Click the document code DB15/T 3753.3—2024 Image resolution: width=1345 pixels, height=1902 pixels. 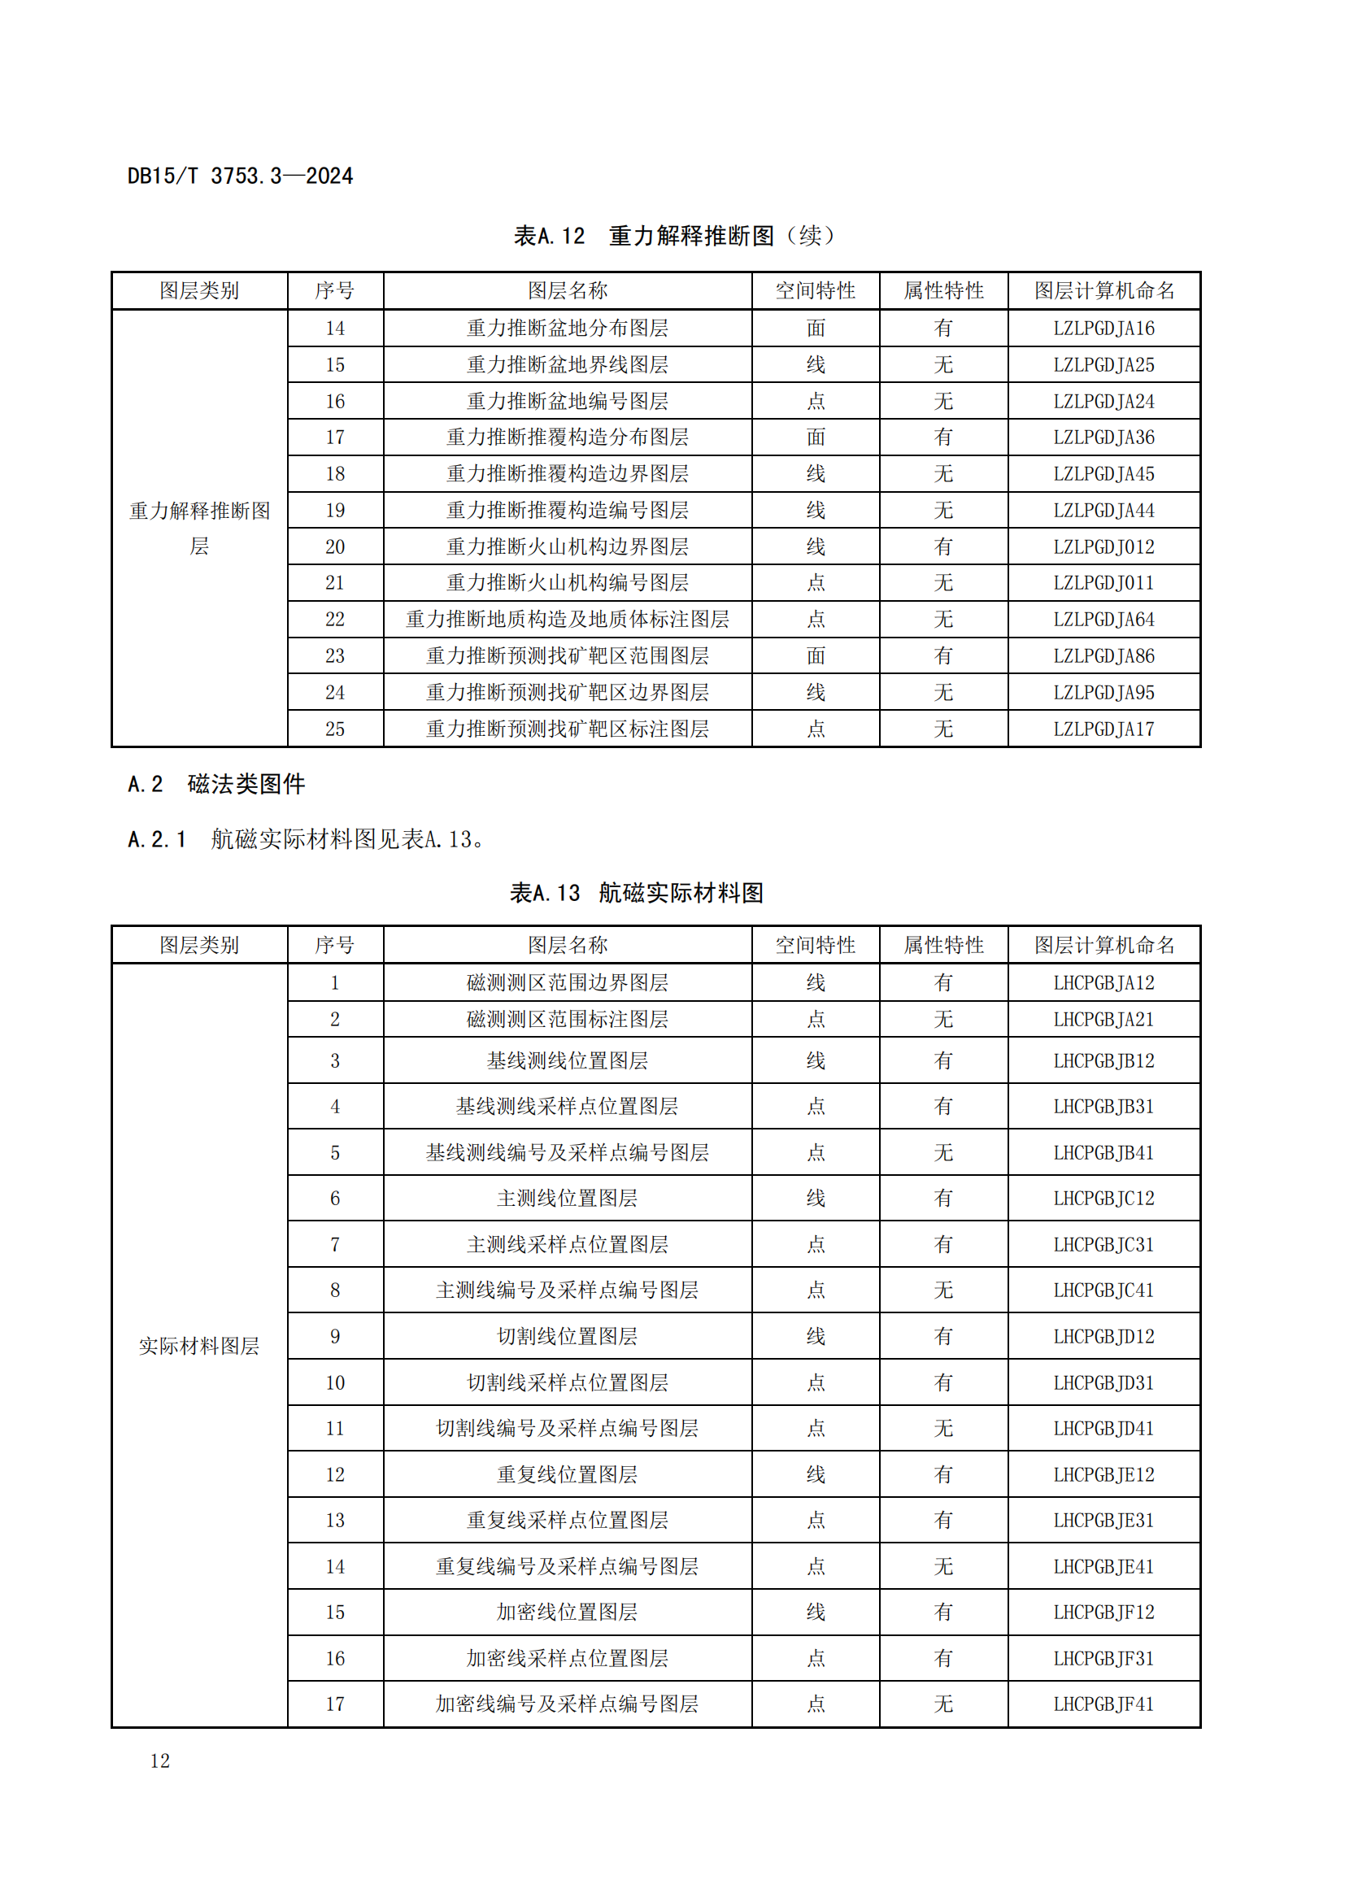(239, 176)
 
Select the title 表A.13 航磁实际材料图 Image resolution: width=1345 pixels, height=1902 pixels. (636, 893)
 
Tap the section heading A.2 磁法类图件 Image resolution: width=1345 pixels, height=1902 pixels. (216, 784)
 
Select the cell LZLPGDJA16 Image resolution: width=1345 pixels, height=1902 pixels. (1103, 328)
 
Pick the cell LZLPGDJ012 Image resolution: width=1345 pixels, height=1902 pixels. (1103, 546)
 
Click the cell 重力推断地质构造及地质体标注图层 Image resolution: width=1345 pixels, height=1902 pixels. (568, 620)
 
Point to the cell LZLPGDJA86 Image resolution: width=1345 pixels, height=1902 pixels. (1103, 656)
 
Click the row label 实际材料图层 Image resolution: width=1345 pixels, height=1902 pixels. (198, 1346)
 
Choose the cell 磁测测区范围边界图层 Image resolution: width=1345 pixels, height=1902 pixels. (568, 982)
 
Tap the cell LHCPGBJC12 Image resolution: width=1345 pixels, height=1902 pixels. (1103, 1198)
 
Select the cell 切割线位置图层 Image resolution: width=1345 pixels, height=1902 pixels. (568, 1336)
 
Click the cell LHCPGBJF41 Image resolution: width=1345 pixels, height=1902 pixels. (1103, 1704)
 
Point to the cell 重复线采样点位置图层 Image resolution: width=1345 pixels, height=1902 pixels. (568, 1520)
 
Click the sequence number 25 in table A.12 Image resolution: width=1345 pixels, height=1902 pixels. (334, 729)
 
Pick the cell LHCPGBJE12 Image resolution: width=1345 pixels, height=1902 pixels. (1103, 1474)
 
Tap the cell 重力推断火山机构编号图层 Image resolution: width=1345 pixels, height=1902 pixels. (568, 583)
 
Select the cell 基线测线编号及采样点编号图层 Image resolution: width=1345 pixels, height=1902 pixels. (568, 1152)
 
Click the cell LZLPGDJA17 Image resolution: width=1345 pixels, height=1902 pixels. (1103, 729)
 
